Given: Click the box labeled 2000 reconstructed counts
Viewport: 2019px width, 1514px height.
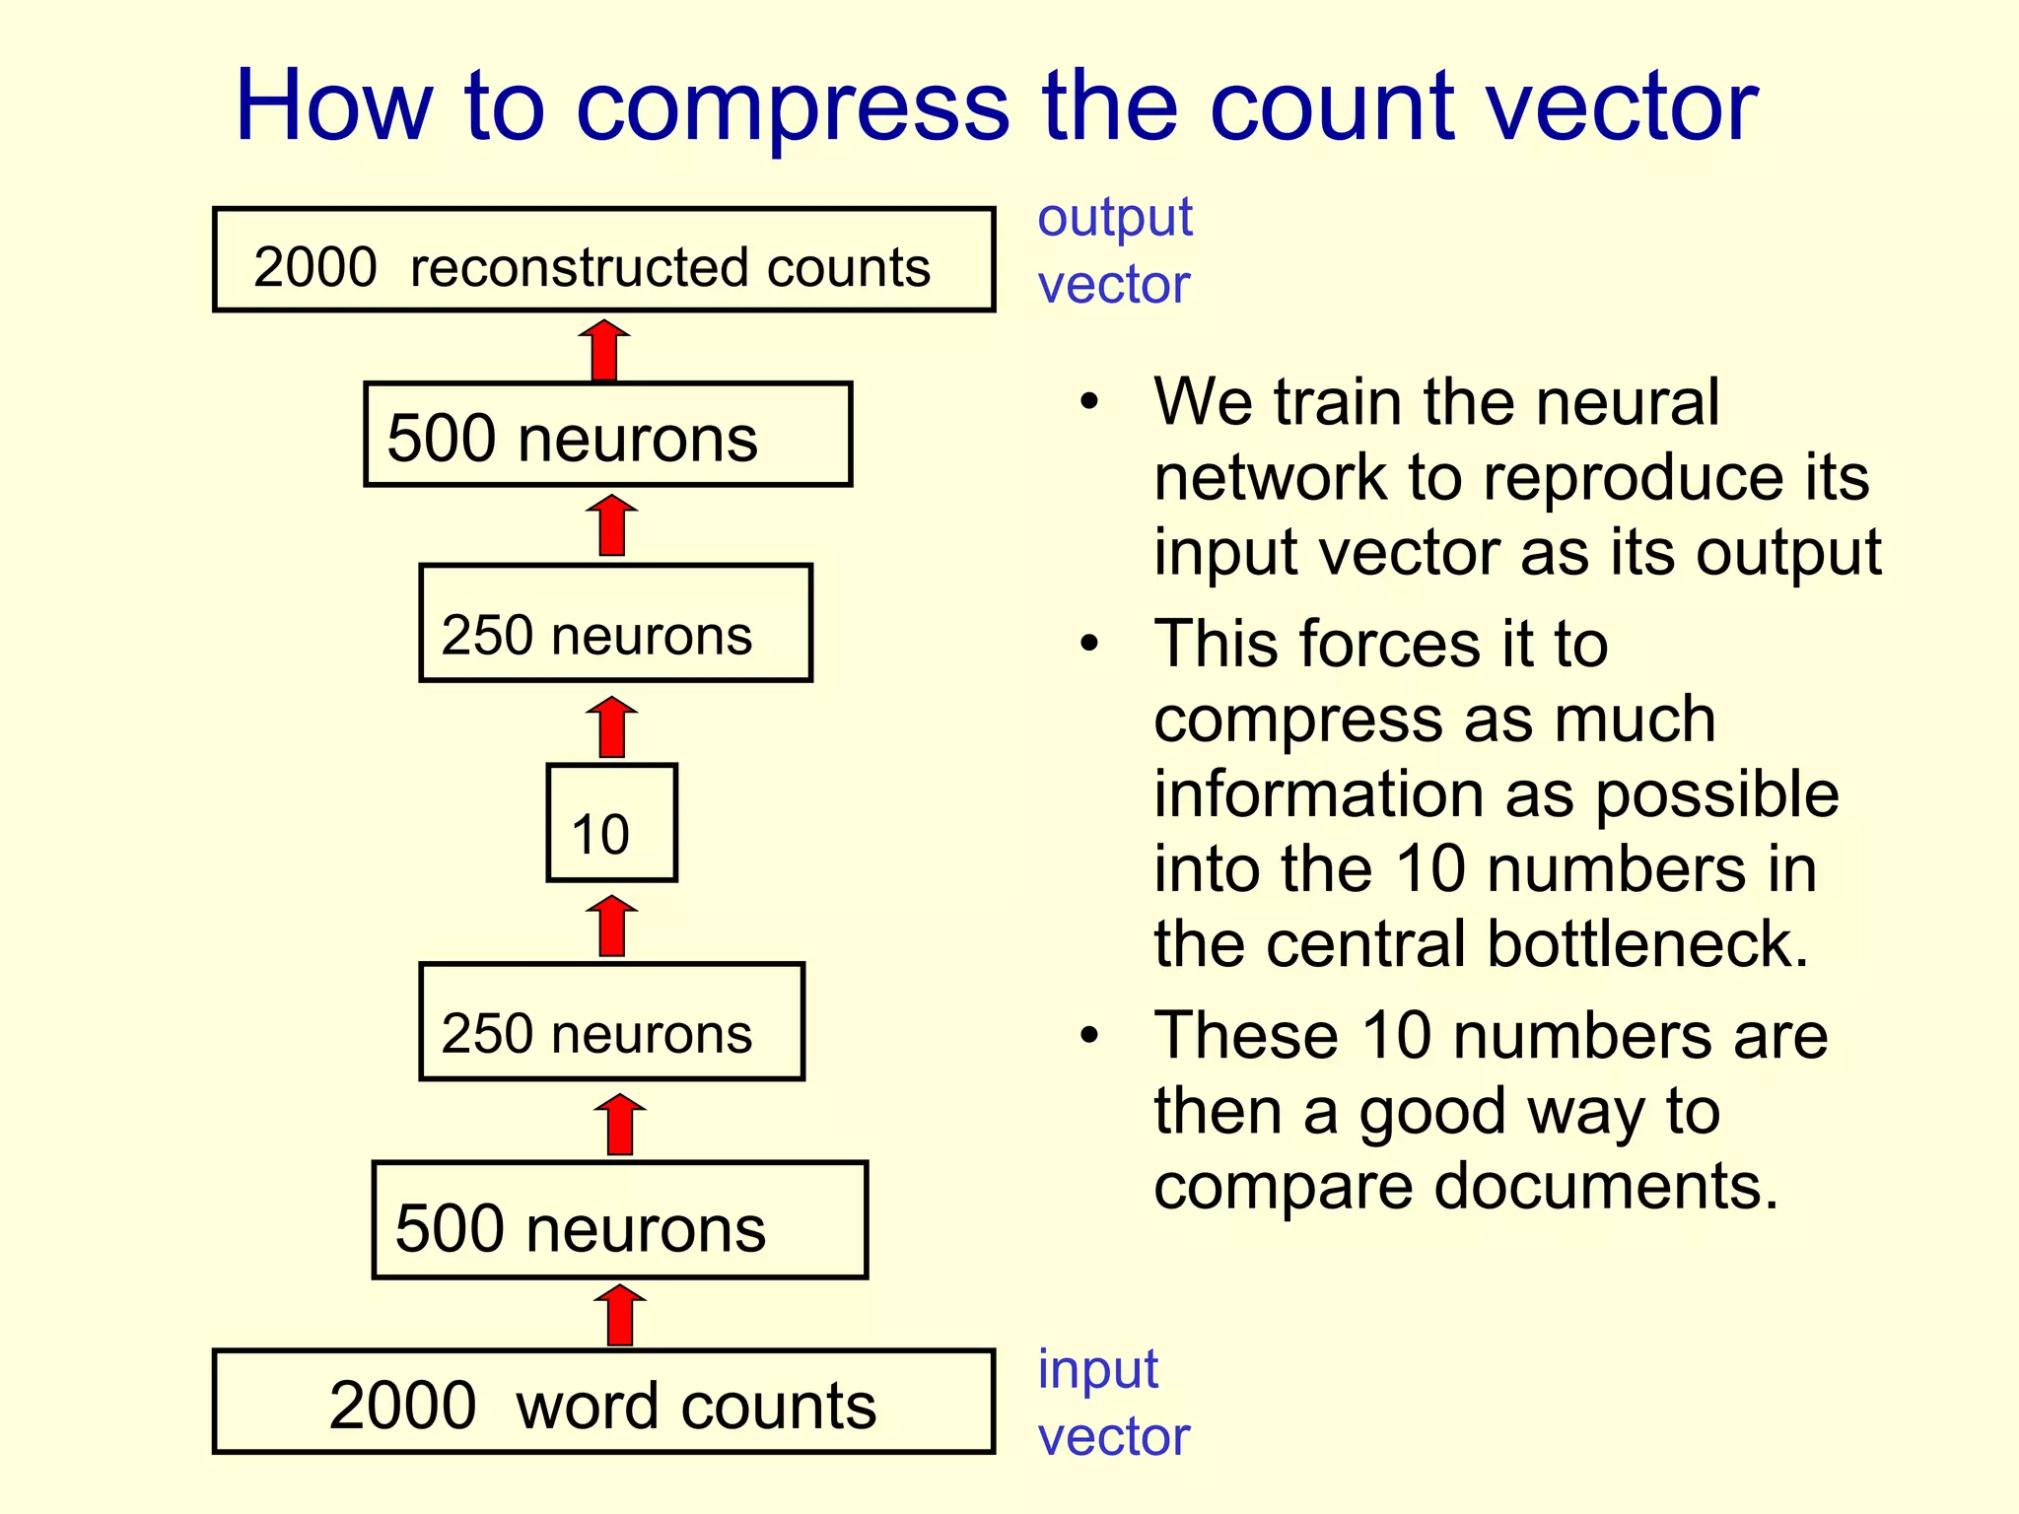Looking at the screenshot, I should pyautogui.click(x=603, y=260).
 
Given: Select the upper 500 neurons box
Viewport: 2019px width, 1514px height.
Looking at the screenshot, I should pyautogui.click(x=607, y=435).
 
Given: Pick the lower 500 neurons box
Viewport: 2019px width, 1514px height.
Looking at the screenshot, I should pyautogui.click(x=619, y=1220).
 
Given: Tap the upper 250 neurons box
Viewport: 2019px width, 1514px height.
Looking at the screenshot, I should pyautogui.click(x=615, y=623).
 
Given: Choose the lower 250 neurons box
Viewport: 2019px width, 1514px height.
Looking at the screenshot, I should pyautogui.click(x=611, y=1022).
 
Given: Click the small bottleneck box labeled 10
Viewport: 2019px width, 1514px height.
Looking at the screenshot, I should pyautogui.click(x=611, y=823).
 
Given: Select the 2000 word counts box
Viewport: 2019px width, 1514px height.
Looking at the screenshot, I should pyautogui.click(x=603, y=1402).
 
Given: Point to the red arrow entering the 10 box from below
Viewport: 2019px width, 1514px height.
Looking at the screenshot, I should pyautogui.click(x=612, y=927).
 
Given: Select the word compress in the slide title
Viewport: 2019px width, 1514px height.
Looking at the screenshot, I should pyautogui.click(x=793, y=108).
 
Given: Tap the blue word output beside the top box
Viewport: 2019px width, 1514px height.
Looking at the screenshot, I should pyautogui.click(x=1114, y=218).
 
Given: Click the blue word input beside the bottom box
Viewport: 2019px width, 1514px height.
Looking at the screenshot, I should pyautogui.click(x=1097, y=1370).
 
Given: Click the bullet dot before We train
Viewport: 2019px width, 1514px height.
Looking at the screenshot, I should pyautogui.click(x=1088, y=402).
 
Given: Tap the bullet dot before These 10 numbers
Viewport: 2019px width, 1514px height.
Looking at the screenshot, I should pyautogui.click(x=1088, y=1036).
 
